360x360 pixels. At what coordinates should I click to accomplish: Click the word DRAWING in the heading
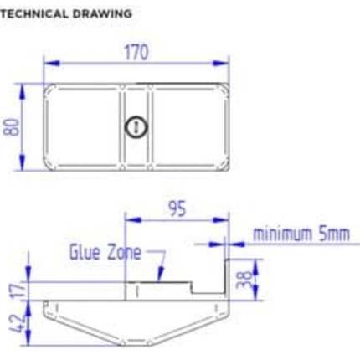point(106,14)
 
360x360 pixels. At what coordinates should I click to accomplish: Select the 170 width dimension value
point(136,52)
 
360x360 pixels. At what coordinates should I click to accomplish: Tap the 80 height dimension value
point(12,127)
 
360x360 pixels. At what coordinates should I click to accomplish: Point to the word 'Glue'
point(85,251)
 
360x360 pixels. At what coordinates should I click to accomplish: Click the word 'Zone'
point(124,251)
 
